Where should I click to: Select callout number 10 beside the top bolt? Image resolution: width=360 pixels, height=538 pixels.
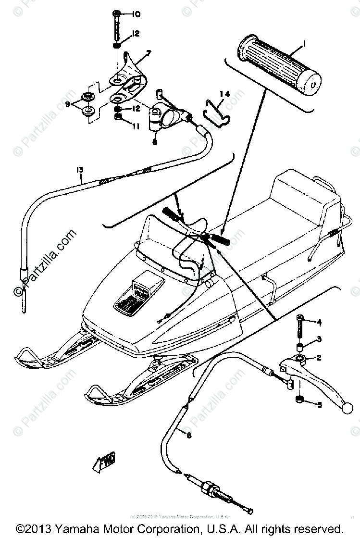point(136,15)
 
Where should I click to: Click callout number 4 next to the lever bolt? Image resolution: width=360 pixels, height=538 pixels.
point(318,322)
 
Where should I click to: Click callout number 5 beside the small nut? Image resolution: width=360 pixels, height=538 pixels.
point(318,405)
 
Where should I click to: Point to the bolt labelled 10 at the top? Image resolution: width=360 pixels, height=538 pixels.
point(118,24)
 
